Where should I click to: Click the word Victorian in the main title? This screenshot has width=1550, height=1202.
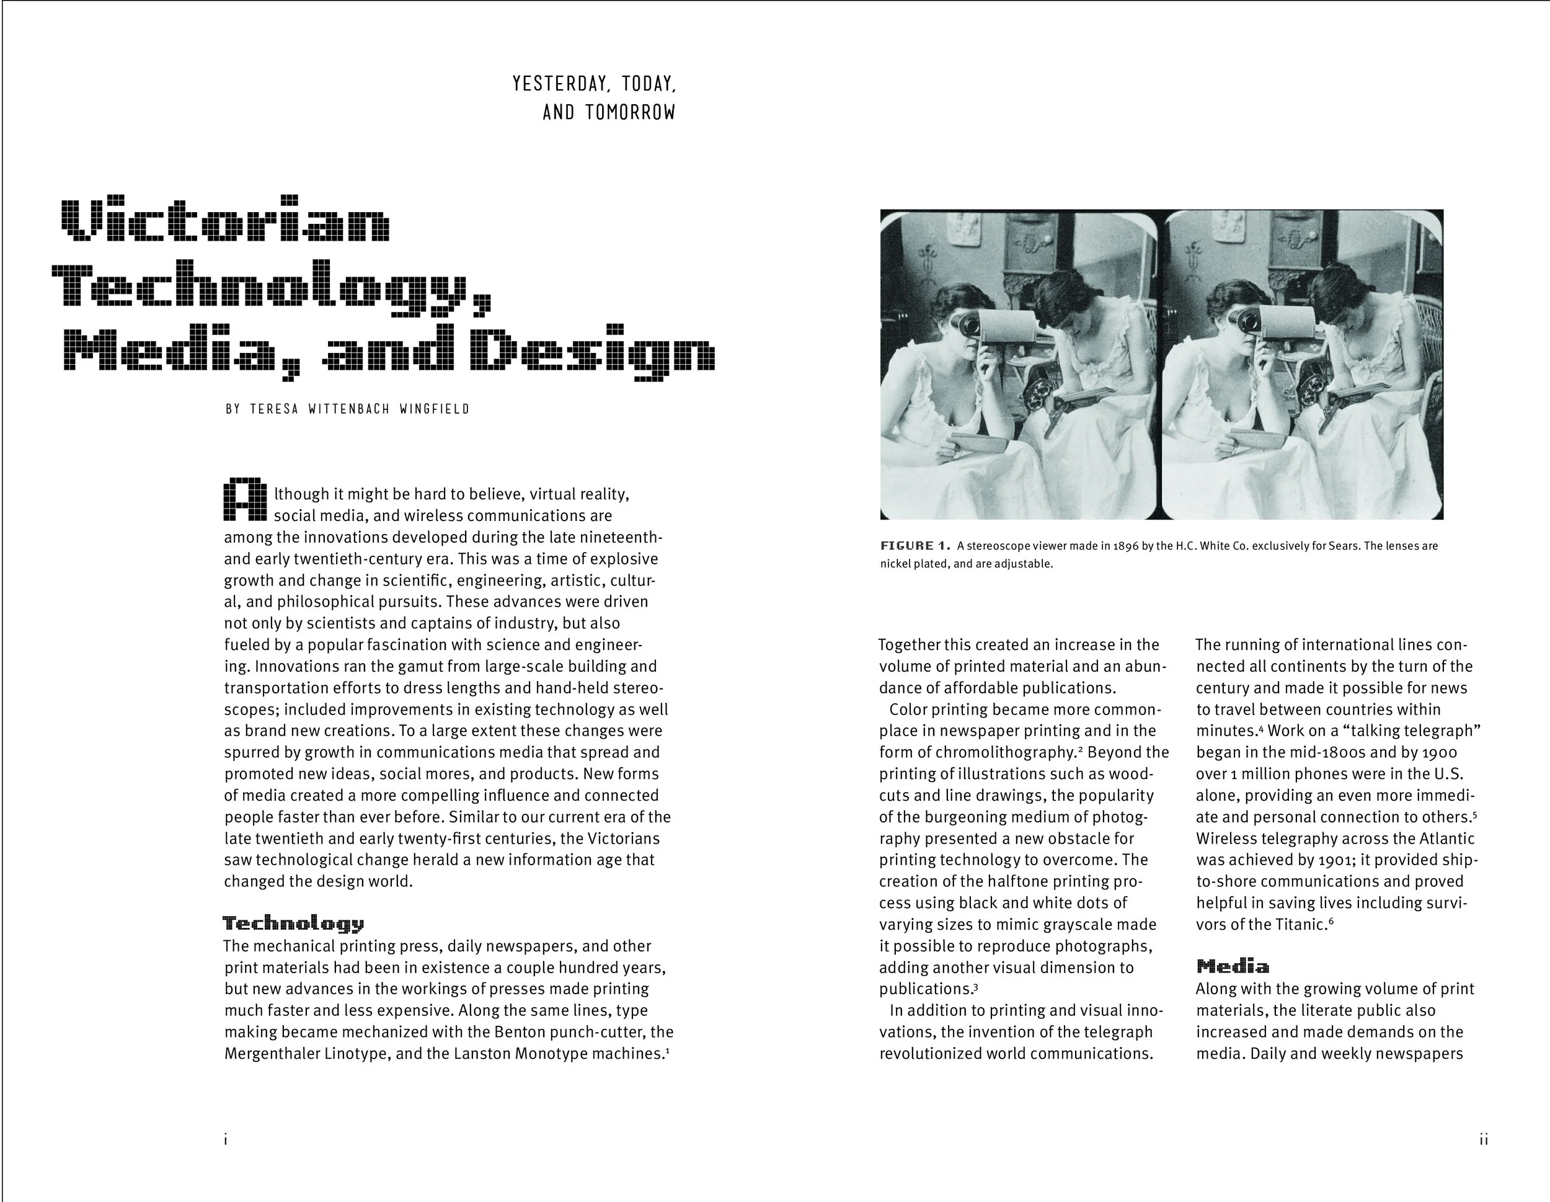pyautogui.click(x=226, y=220)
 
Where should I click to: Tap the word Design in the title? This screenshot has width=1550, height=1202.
pyautogui.click(x=593, y=349)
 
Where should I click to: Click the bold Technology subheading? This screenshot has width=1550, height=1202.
pyautogui.click(x=293, y=923)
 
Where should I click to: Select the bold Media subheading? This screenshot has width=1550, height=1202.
pyautogui.click(x=1233, y=966)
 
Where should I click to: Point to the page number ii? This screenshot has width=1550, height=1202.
pyautogui.click(x=1482, y=1140)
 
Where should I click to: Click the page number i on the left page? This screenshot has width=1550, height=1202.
pyautogui.click(x=226, y=1140)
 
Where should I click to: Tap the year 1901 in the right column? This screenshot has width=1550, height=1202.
pyautogui.click(x=1335, y=860)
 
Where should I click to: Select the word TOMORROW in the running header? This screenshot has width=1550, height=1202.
pyautogui.click(x=630, y=112)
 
